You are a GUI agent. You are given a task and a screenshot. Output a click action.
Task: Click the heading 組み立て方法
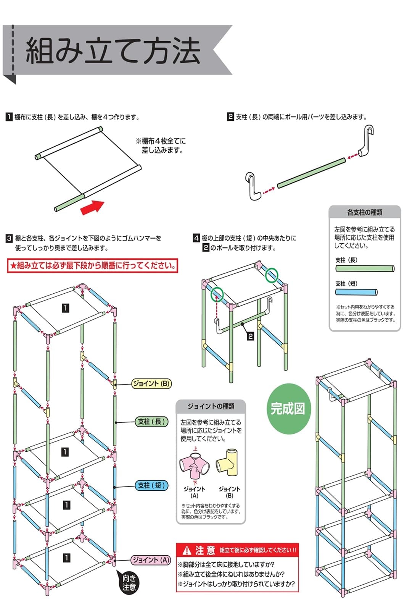pos(113,51)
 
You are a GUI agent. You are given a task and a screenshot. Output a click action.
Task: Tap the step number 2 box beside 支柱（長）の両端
pos(230,116)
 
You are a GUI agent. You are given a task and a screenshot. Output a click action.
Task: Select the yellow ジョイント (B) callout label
pos(151,383)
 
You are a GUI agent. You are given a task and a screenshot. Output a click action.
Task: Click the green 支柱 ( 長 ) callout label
pos(151,422)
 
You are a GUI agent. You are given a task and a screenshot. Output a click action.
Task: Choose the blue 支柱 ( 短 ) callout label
pos(151,485)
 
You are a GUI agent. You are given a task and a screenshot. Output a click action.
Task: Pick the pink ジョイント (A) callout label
pos(151,560)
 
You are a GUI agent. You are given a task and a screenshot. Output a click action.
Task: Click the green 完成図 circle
pos(288,409)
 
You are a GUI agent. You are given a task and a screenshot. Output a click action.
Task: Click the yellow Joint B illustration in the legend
pos(227,462)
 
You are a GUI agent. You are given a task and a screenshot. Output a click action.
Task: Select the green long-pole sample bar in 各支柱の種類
pos(365,269)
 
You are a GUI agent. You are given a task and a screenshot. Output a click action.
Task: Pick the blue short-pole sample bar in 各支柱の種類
pos(356,293)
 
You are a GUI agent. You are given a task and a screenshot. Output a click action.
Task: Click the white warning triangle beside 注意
pos(187,550)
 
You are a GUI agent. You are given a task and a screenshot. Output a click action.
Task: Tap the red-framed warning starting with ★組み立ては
pos(93,265)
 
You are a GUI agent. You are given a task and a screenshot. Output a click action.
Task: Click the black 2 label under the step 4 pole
pos(251,336)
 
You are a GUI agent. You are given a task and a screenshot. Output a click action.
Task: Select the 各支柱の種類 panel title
pos(365,212)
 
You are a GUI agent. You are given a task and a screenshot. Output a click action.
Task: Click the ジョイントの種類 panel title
pos(211,406)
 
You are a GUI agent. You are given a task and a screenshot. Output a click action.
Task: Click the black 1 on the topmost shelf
pos(66,308)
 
